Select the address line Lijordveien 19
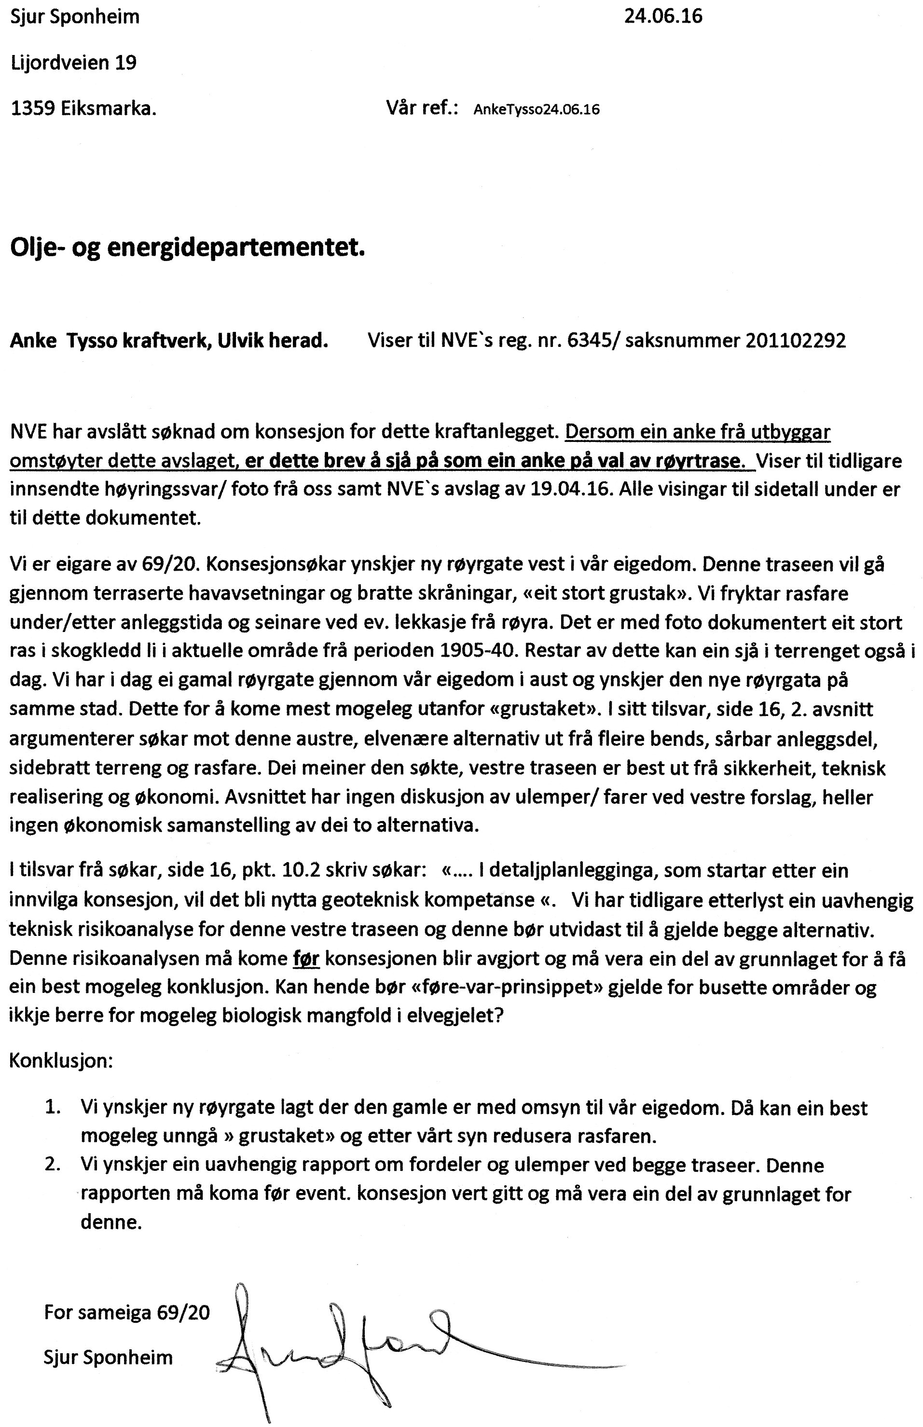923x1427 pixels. (74, 62)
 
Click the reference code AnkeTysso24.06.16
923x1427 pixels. (537, 110)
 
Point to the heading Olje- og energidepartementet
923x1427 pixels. (188, 248)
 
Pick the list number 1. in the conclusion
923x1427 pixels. (54, 1107)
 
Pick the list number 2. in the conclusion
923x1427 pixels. (54, 1165)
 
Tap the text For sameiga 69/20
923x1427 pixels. (127, 1313)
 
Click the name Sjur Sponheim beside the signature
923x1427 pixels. (108, 1357)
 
